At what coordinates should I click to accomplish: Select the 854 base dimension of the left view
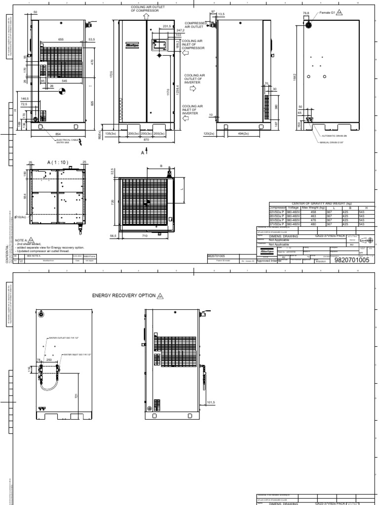[58, 134]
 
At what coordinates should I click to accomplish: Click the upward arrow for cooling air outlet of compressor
[146, 15]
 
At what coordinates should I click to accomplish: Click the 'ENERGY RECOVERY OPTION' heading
[124, 295]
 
